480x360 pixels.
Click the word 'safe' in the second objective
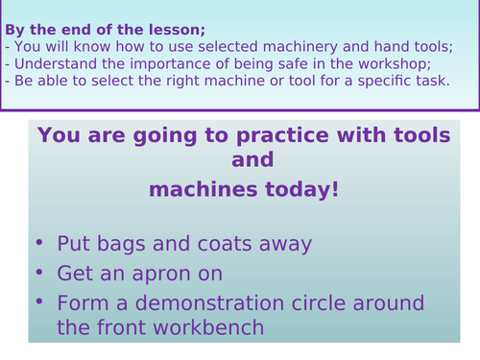(267, 63)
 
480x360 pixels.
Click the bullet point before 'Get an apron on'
(37, 274)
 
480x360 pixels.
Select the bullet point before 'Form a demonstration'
(37, 303)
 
